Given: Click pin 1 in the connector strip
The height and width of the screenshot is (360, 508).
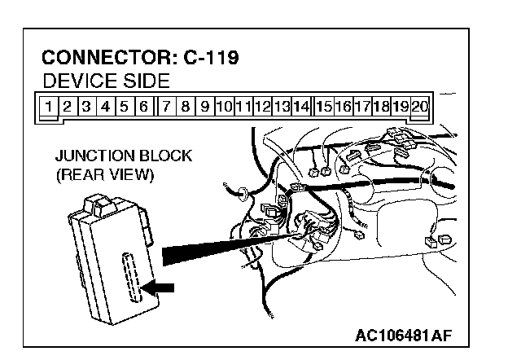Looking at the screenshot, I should pos(50,105).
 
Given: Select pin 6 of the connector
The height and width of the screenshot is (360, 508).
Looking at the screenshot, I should pos(142,105).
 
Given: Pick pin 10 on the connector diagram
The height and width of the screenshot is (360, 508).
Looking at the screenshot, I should pos(224,105).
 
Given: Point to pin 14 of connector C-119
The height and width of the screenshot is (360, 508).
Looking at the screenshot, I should pos(300,105).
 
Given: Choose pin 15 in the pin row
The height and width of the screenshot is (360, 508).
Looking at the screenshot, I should pos(324,105).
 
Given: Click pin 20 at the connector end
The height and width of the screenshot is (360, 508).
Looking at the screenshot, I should pos(420,105).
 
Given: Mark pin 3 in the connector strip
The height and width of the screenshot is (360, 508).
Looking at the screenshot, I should pos(87,105).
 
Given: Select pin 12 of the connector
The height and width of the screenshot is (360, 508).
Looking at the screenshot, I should pos(262,105).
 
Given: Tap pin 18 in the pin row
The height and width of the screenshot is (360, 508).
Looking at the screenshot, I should pos(381,105).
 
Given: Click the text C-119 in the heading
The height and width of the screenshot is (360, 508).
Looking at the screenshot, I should pos(216,58).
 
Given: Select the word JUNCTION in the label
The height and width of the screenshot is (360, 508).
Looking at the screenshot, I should pos(90,156).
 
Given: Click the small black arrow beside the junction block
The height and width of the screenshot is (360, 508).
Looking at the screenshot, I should pos(158,287).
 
